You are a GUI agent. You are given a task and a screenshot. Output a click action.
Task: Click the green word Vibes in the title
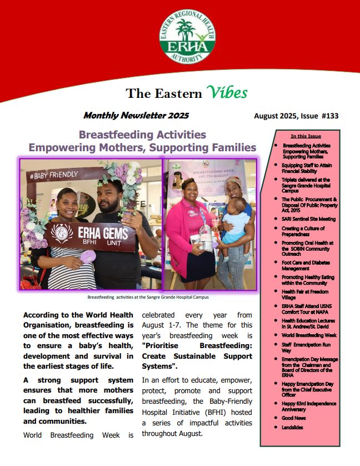coord(226,92)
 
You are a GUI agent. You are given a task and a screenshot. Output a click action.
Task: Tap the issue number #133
coord(328,116)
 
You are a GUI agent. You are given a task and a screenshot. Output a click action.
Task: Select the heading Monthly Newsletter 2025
coord(136,116)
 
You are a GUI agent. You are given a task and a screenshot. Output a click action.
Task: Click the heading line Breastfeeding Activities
coord(142,135)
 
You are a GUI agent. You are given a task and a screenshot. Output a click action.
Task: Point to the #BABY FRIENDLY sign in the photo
coord(54,176)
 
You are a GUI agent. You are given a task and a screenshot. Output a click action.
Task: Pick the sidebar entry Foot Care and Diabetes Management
coord(303,265)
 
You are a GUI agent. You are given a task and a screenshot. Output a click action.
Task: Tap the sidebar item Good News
coord(294,417)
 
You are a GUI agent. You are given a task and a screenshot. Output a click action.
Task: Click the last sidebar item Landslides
coord(292,427)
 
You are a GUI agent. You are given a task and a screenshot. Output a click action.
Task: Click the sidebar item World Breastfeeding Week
coord(309,335)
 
